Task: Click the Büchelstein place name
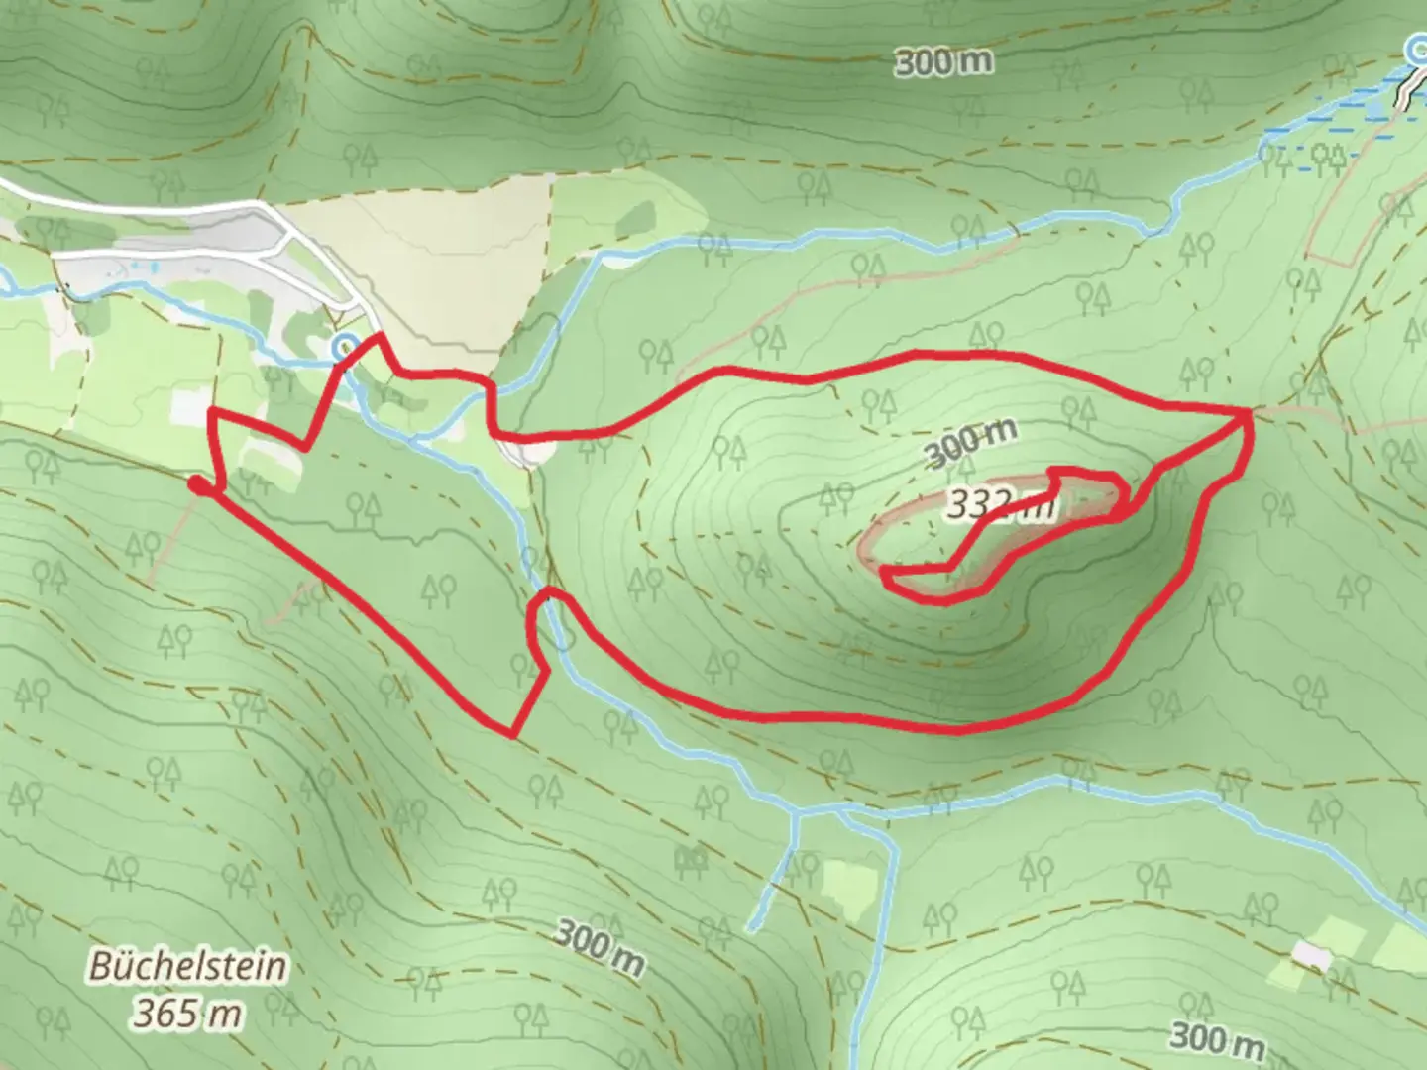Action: coord(187,966)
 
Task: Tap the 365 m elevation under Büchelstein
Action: coord(188,1014)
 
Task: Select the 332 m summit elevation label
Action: coord(997,506)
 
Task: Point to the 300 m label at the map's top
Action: coord(943,62)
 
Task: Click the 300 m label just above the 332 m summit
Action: coord(970,443)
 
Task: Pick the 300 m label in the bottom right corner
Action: coord(1216,1039)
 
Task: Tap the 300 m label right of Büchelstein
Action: coord(599,947)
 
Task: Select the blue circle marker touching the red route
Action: coord(344,346)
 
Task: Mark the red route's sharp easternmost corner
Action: coord(1248,410)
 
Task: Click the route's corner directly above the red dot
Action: coord(212,410)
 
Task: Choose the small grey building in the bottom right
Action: coord(1313,956)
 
